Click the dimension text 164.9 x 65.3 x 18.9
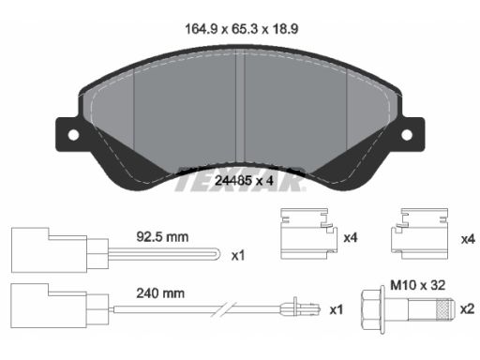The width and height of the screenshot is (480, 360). click(242, 29)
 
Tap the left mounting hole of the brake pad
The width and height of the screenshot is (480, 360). click(74, 135)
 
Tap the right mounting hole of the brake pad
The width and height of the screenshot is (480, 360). click(407, 135)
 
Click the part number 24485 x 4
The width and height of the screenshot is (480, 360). click(244, 180)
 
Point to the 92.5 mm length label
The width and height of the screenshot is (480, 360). click(162, 237)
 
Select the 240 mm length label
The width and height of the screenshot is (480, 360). click(160, 293)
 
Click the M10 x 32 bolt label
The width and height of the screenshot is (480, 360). click(418, 285)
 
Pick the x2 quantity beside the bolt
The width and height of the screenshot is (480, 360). click(467, 308)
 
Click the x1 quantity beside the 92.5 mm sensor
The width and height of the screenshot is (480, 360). click(238, 256)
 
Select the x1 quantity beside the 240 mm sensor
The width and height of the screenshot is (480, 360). click(337, 309)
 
